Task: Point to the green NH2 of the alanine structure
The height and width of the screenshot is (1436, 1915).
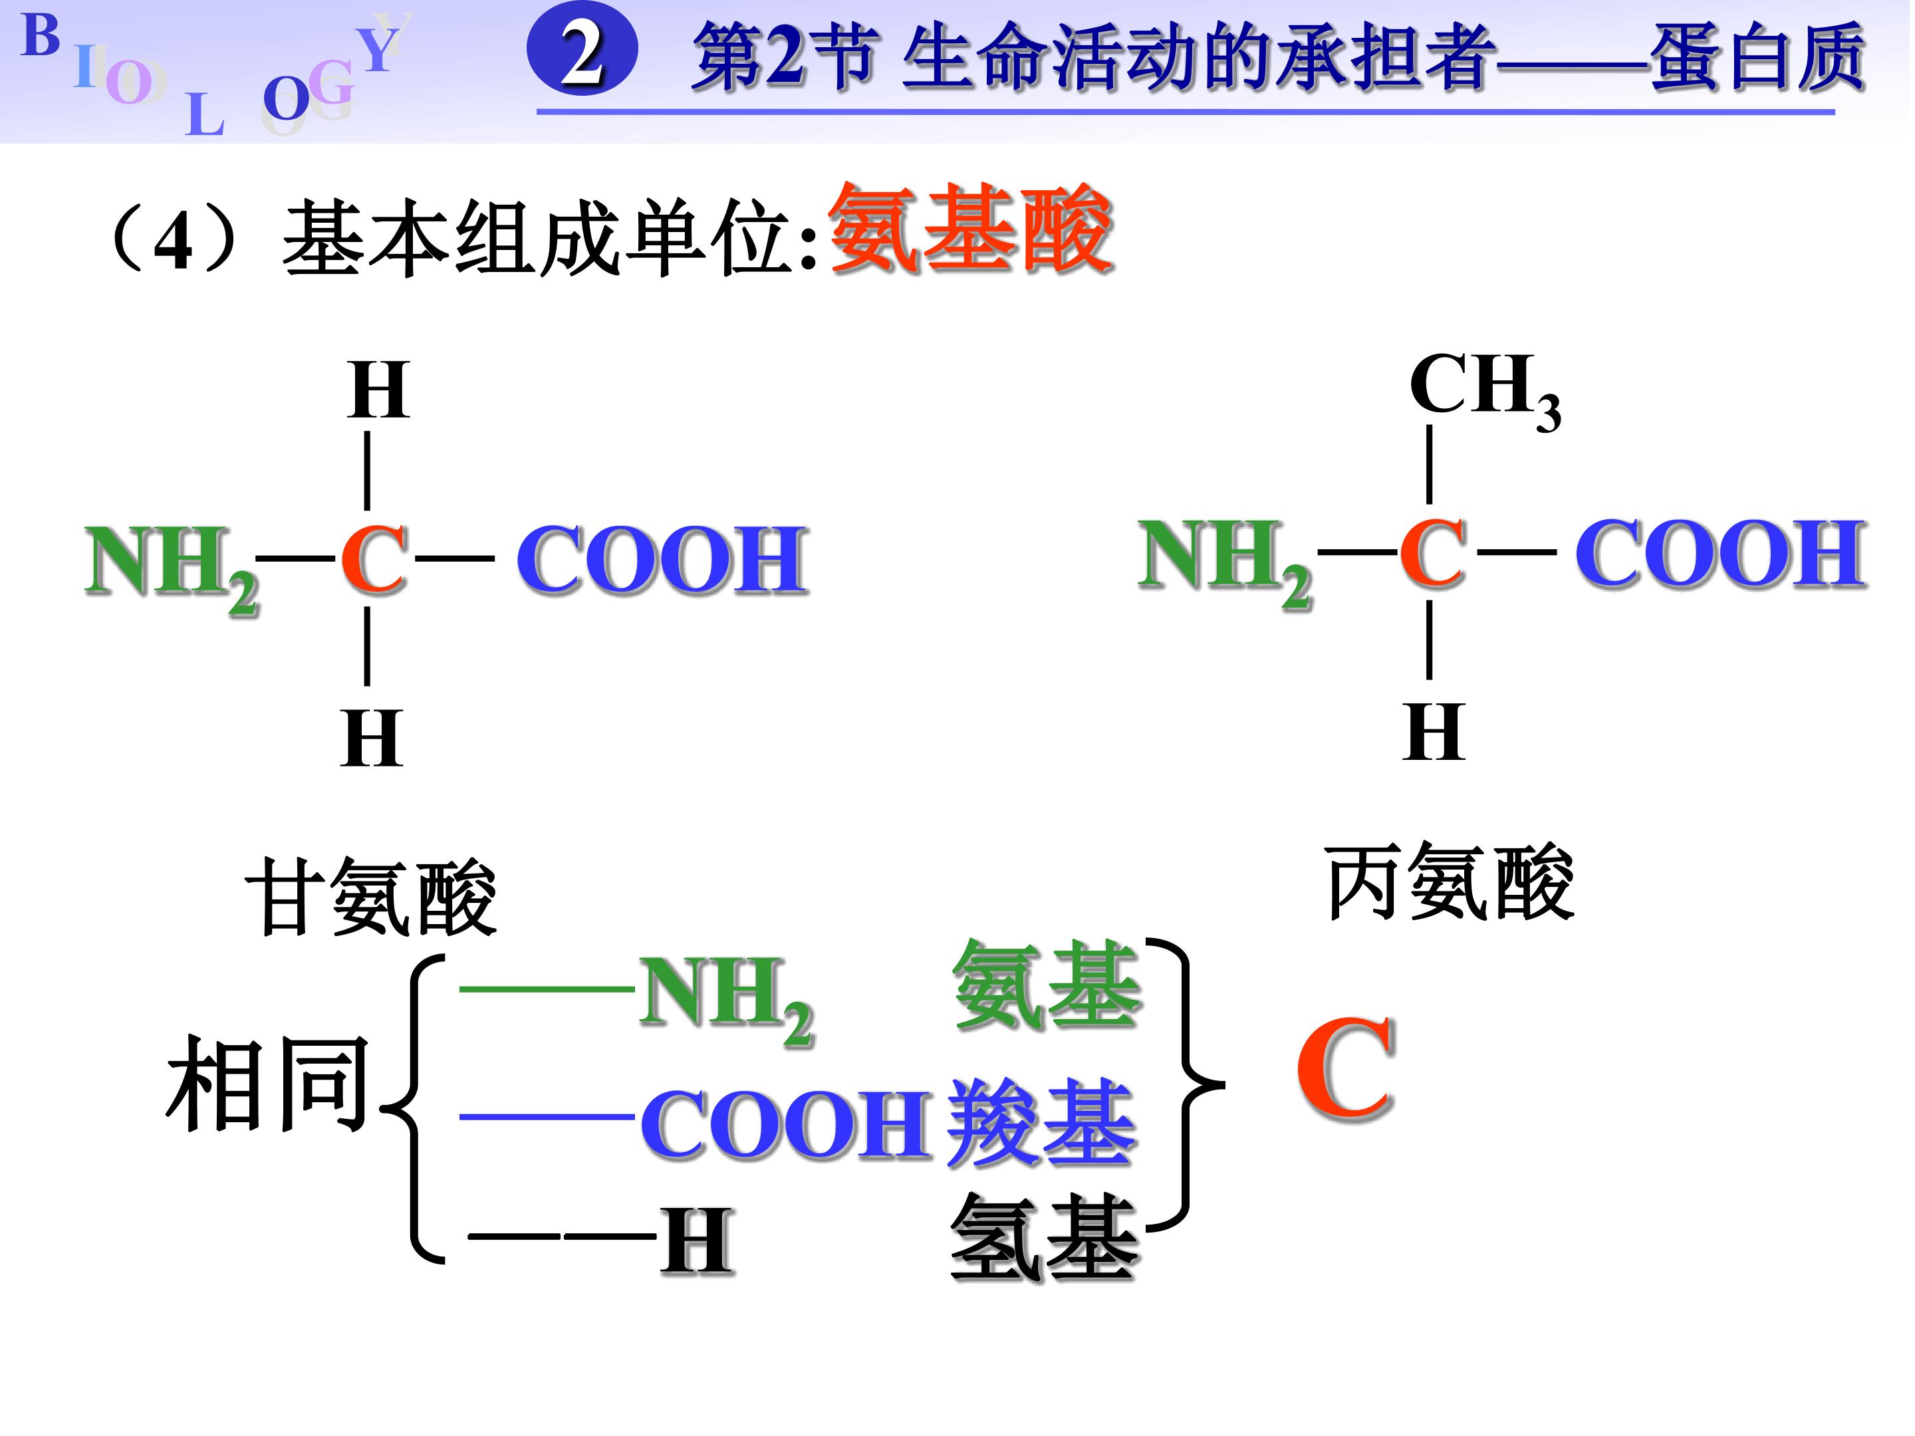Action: (1224, 559)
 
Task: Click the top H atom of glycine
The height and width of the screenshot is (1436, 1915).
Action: (378, 390)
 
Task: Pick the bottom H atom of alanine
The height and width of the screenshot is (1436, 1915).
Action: (1433, 731)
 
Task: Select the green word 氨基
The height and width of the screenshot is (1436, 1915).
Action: (1047, 986)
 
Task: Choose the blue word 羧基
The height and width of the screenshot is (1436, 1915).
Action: (1041, 1122)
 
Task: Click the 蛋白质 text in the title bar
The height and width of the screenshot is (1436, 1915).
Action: (1757, 57)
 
